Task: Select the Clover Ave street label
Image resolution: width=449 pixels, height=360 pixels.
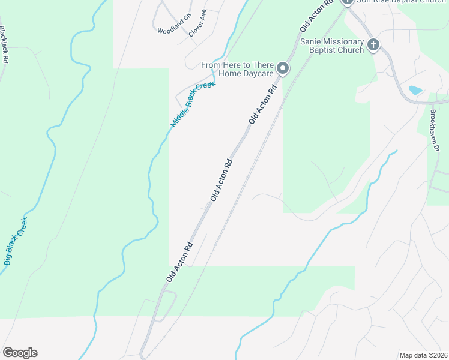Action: [x=197, y=23]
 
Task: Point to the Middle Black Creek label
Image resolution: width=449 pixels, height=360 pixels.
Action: [x=193, y=104]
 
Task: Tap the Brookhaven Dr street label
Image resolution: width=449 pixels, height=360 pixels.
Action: [x=435, y=130]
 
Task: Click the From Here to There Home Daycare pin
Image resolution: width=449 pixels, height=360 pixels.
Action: [x=283, y=69]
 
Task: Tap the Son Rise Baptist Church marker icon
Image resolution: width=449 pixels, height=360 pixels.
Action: [x=347, y=1]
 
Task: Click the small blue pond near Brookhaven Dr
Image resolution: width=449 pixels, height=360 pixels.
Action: [x=415, y=91]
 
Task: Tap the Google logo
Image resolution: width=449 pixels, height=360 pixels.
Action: [x=20, y=353]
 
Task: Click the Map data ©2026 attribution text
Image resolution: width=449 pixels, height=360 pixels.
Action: [x=423, y=355]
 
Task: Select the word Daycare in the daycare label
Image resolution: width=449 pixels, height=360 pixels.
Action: [x=259, y=73]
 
